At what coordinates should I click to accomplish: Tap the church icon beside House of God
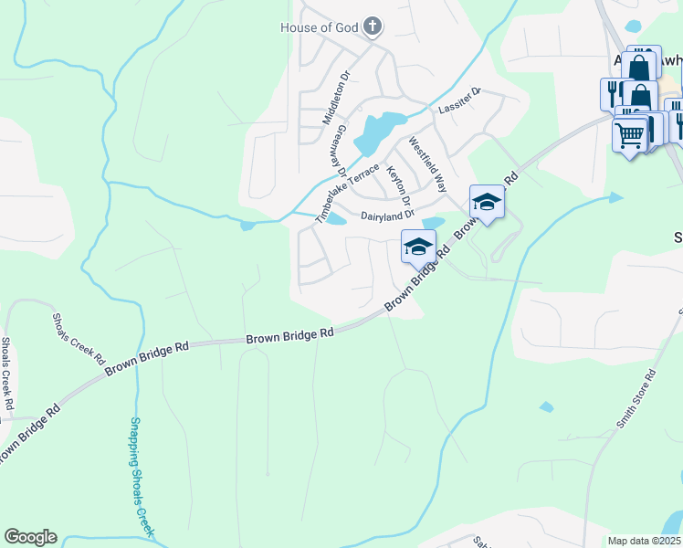(x=373, y=26)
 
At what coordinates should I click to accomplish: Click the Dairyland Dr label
(x=387, y=216)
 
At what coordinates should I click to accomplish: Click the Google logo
(x=30, y=537)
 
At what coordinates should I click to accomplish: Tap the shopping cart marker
(x=628, y=135)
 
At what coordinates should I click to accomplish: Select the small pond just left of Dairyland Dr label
(x=336, y=219)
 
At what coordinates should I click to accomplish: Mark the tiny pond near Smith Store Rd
(x=546, y=406)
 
